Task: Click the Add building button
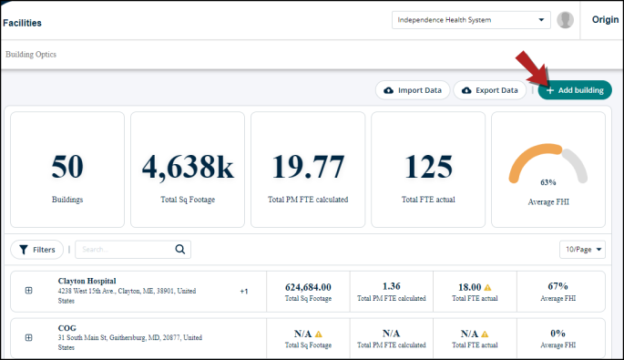tap(575, 90)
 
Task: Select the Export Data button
tap(489, 90)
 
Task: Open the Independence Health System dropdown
tap(471, 20)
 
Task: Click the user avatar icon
tap(565, 20)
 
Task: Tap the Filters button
tap(37, 250)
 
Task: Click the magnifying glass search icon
tap(180, 250)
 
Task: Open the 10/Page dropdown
tap(582, 250)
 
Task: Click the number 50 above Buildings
tap(67, 167)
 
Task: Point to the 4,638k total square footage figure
tap(188, 168)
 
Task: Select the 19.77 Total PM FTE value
tap(308, 167)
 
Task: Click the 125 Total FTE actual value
tap(428, 167)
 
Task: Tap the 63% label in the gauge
tap(548, 182)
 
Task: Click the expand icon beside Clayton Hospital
tap(28, 291)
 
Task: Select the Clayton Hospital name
tap(87, 281)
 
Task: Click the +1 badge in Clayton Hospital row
tap(244, 291)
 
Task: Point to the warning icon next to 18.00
tap(487, 287)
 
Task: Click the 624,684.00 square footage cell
tap(308, 292)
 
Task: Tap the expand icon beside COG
tap(28, 338)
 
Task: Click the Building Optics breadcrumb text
tap(31, 55)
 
